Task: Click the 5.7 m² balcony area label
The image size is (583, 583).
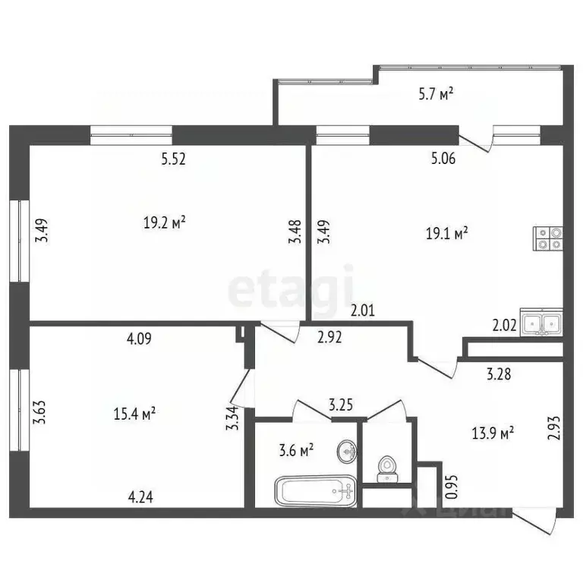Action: (436, 94)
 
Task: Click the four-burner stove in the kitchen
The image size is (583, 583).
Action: (547, 239)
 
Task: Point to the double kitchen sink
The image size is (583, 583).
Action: (541, 323)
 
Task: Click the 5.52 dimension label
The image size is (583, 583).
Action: (174, 159)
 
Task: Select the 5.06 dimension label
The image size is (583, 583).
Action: (444, 159)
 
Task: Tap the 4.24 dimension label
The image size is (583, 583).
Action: (141, 498)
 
